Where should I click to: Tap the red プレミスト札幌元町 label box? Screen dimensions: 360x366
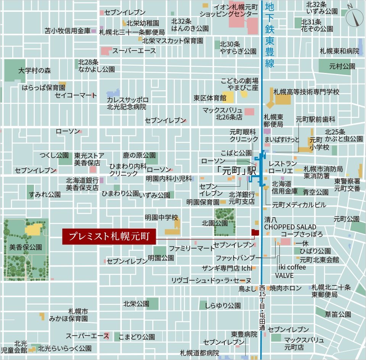click(x=109, y=236)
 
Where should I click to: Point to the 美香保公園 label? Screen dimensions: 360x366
click(x=26, y=247)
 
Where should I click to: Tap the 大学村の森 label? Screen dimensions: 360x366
click(x=34, y=71)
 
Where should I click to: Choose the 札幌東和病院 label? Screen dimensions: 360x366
click(x=339, y=51)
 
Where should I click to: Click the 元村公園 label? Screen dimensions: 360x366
click(x=342, y=66)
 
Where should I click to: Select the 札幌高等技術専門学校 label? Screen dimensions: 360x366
click(x=306, y=92)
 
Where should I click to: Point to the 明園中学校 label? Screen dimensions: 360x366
click(x=161, y=218)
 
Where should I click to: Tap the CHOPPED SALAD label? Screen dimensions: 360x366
click(x=290, y=227)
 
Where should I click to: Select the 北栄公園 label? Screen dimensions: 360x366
click(x=136, y=304)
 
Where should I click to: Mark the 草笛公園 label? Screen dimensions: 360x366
click(x=338, y=314)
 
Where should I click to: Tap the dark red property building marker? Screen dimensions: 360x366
click(x=255, y=232)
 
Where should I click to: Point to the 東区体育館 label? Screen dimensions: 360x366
click(x=210, y=98)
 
